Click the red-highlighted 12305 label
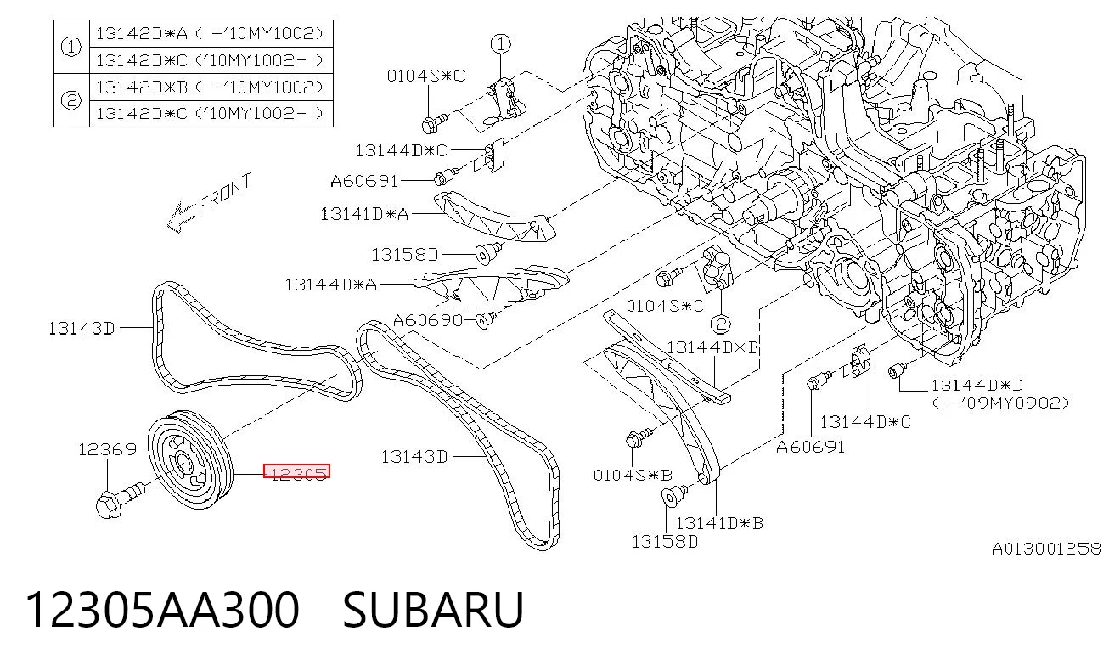[296, 472]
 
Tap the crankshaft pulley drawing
[191, 460]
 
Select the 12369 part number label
[108, 449]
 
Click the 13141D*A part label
[364, 214]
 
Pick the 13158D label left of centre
[405, 255]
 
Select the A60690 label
[428, 321]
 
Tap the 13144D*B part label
[713, 347]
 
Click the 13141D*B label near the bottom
[720, 523]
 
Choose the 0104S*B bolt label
[633, 476]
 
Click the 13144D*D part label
[977, 385]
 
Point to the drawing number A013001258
[1046, 549]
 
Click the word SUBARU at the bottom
[433, 610]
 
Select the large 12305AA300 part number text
[162, 610]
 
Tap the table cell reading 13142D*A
[142, 34]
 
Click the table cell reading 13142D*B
[142, 87]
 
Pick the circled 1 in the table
[70, 47]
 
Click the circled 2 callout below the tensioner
[720, 324]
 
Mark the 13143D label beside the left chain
[82, 329]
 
